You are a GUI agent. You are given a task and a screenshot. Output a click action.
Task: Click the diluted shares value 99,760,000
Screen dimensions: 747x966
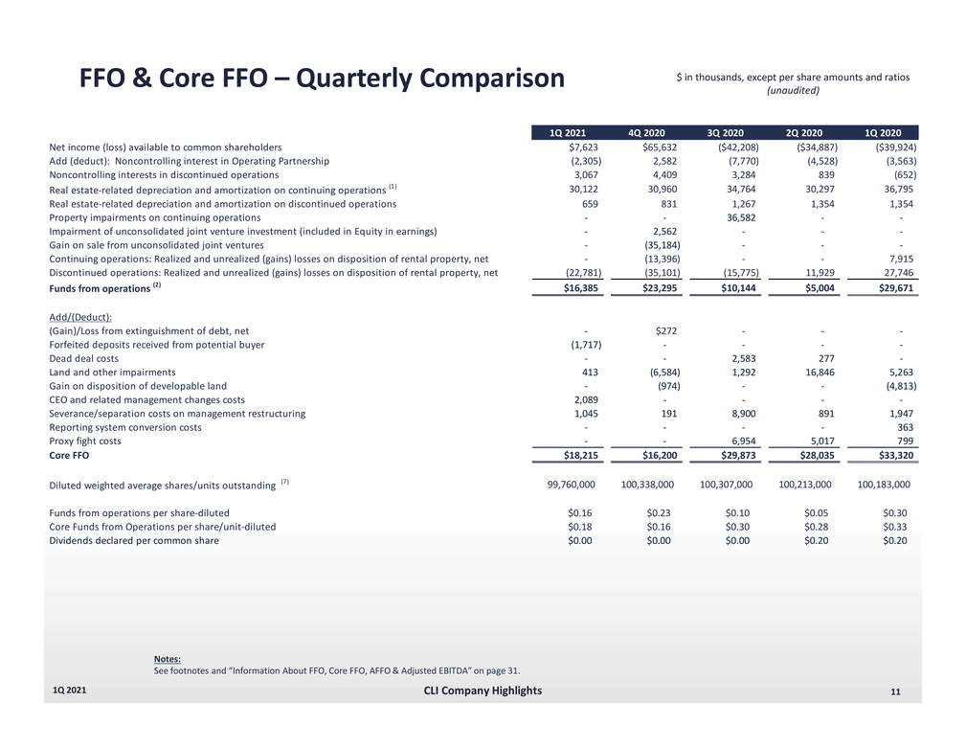pyautogui.click(x=566, y=485)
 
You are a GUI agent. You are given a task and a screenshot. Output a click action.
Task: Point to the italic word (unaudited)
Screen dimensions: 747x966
pyautogui.click(x=793, y=91)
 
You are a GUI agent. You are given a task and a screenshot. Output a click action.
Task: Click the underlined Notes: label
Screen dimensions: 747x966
pyautogui.click(x=167, y=658)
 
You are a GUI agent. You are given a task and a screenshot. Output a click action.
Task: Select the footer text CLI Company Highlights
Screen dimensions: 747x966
pyautogui.click(x=482, y=690)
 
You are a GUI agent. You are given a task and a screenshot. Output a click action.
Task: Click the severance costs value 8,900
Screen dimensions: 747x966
pyautogui.click(x=745, y=414)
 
